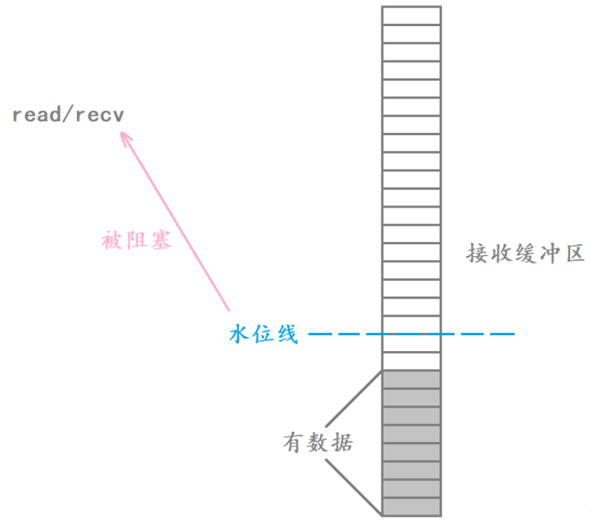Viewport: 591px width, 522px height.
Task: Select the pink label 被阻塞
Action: point(137,241)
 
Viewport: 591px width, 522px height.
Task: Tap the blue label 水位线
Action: point(263,334)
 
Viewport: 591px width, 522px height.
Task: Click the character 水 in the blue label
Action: point(239,334)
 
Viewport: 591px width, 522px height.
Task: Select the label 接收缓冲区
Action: point(525,254)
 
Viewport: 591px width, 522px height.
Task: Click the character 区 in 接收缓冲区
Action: point(572,254)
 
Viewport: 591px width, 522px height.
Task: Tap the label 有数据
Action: point(318,442)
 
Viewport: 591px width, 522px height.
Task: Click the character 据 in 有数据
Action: point(342,442)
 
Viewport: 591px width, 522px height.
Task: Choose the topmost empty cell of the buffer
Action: point(411,16)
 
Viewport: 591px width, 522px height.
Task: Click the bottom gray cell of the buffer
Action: point(411,506)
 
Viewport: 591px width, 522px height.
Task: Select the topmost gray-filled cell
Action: point(411,379)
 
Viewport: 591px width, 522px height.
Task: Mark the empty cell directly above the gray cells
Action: point(411,361)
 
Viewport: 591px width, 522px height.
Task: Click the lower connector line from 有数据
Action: point(354,486)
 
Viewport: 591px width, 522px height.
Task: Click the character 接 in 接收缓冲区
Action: point(477,254)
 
